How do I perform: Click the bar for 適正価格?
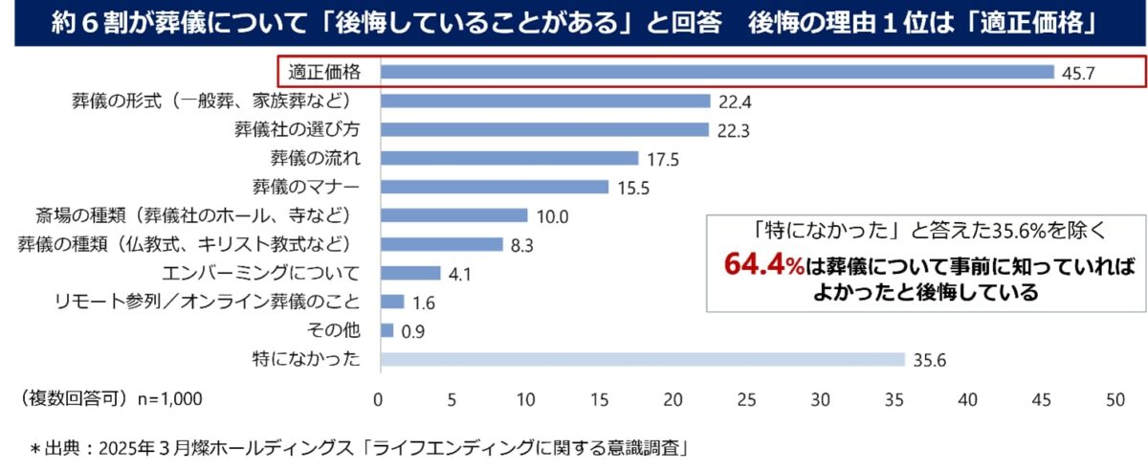pos(717,72)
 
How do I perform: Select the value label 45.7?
pos(1077,73)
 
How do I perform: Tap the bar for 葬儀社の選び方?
pos(544,129)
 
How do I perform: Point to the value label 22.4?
pos(733,101)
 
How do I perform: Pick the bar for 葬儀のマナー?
pos(495,187)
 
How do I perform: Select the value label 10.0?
pos(552,216)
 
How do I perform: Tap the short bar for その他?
pos(386,330)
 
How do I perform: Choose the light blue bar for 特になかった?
pos(642,359)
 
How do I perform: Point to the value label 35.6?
pos(928,360)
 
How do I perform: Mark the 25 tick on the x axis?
pos(747,399)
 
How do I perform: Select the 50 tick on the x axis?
pos(1115,399)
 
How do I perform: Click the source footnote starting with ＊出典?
pos(359,447)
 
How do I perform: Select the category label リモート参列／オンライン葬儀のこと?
pos(208,303)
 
